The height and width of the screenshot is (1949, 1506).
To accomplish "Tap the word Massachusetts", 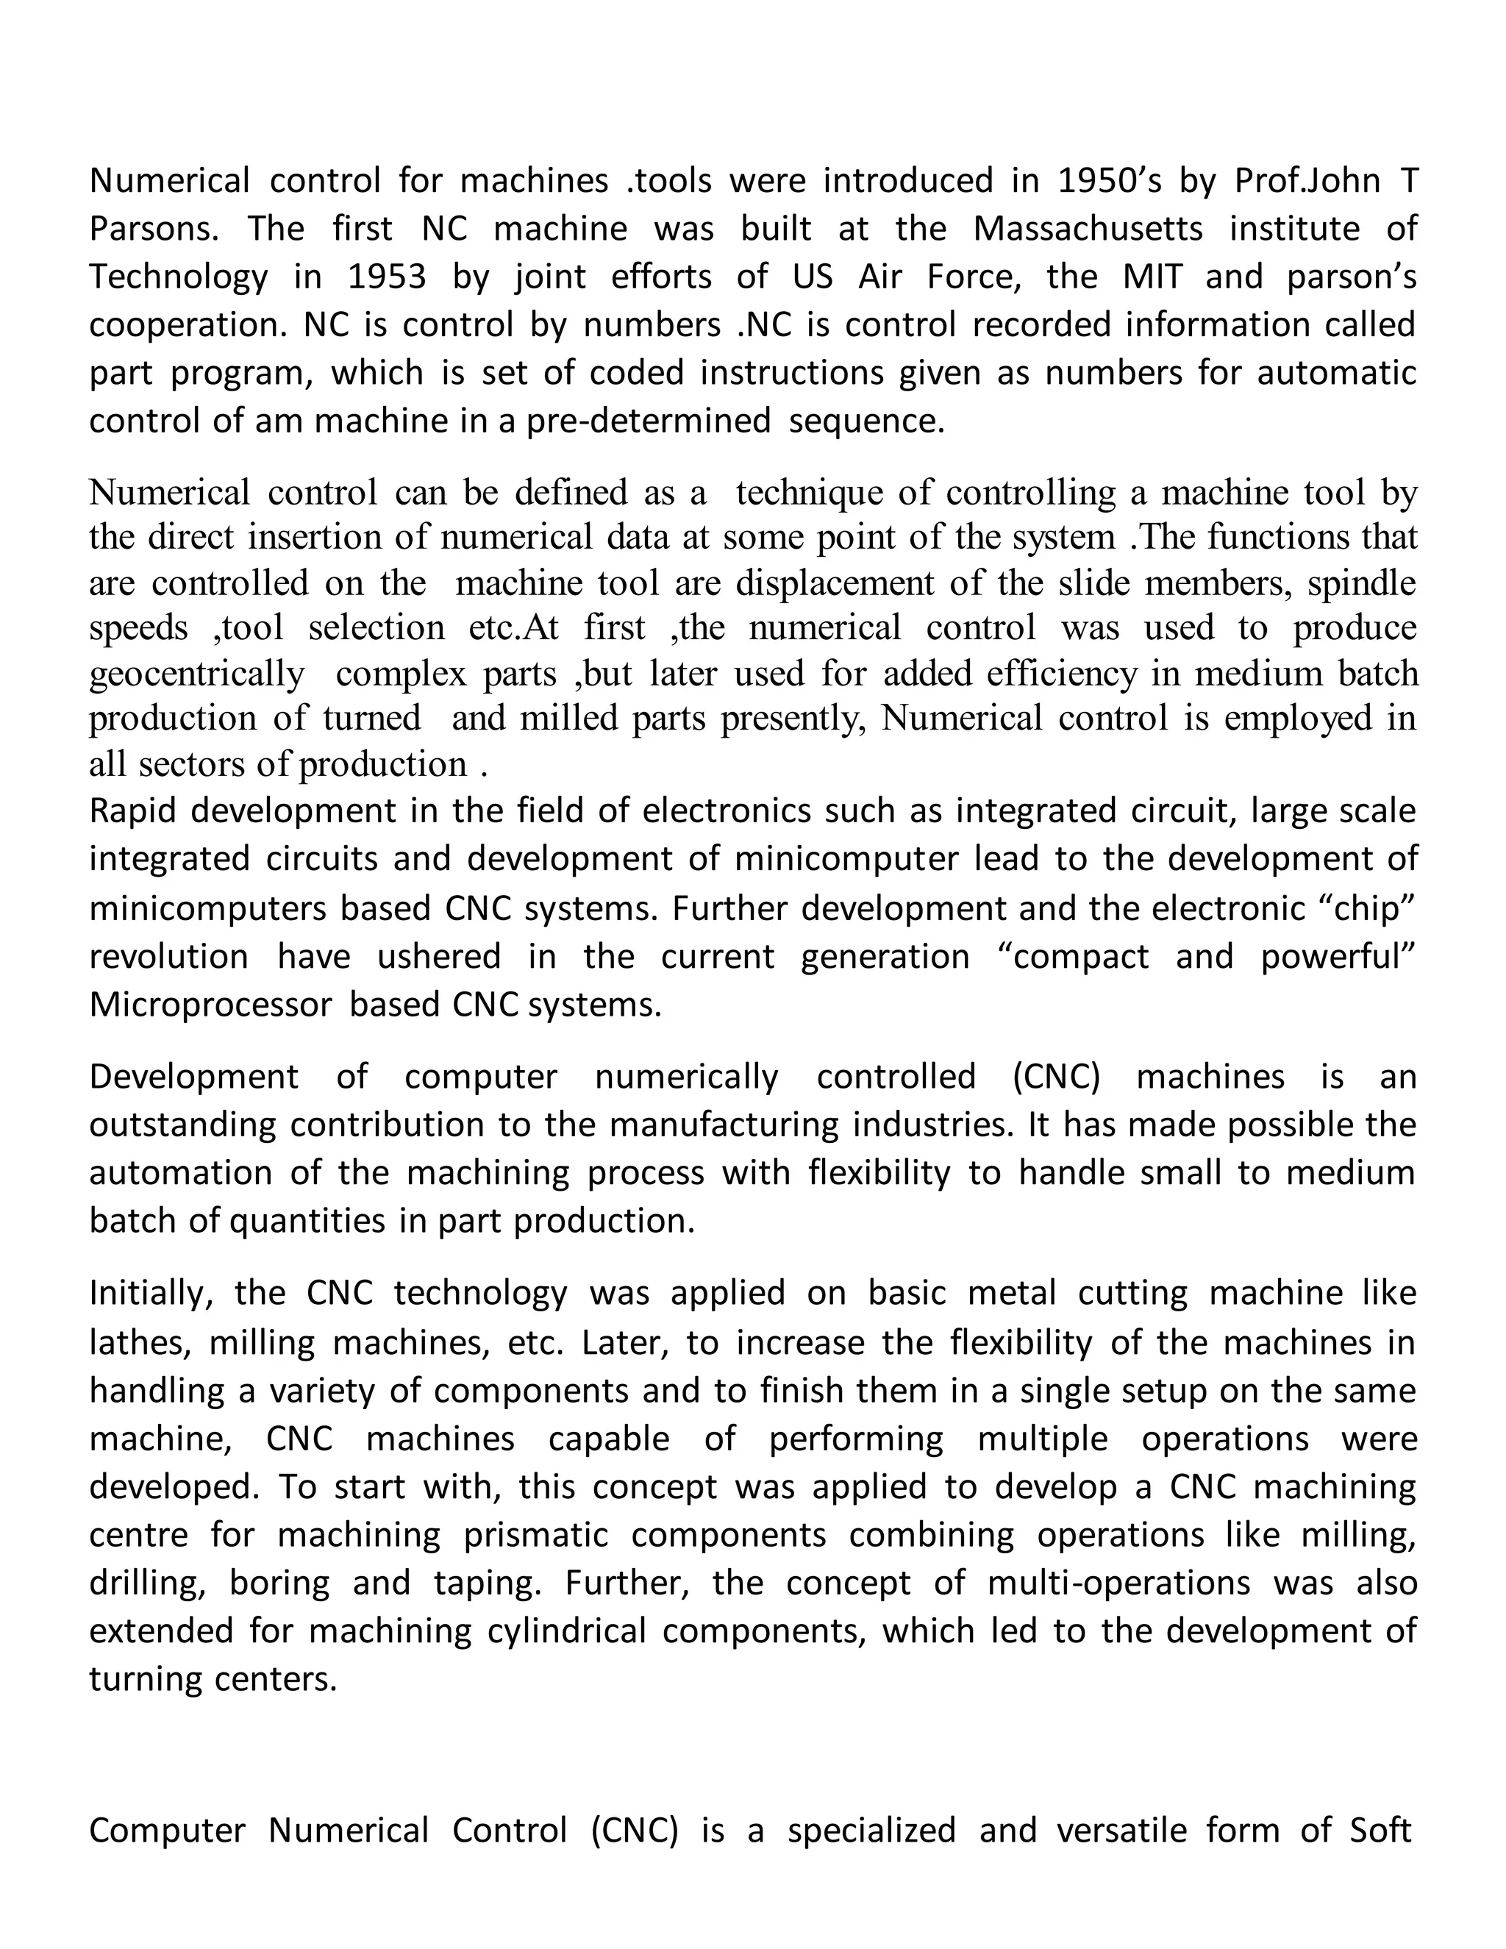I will (1088, 229).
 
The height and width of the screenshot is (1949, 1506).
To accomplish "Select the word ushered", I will (440, 957).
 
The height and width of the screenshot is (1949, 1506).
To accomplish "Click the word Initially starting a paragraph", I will (151, 1294).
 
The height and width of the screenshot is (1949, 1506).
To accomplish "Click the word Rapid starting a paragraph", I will (133, 811).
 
